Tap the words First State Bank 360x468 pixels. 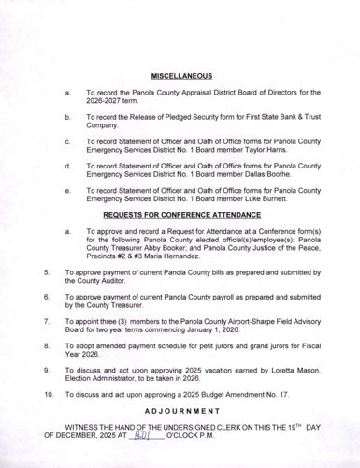(x=261, y=116)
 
